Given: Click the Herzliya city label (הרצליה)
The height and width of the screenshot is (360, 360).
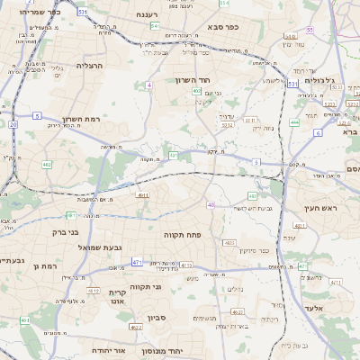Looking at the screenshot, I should (91, 66).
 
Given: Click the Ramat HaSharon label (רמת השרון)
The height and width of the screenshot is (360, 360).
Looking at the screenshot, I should (85, 119).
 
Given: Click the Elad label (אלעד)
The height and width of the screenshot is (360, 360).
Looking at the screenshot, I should (321, 308).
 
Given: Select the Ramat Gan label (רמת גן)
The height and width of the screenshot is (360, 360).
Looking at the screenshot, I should (44, 266).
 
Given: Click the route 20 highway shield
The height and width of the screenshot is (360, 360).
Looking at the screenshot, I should (13, 125).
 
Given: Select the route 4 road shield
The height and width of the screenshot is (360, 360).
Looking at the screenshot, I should (149, 85).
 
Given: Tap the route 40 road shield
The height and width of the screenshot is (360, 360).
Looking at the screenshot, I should (211, 205).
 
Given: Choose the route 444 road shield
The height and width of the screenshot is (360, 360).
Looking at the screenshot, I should (295, 121).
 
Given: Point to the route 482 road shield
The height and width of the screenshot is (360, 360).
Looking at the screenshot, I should (46, 165).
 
